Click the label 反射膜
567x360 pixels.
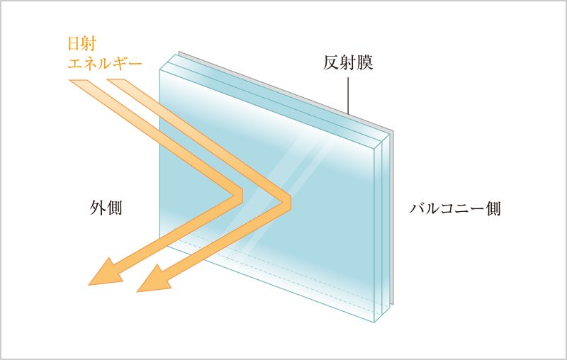point(348,62)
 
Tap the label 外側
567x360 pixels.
point(106,208)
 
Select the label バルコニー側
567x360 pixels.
point(455,208)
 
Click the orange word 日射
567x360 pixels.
point(82,44)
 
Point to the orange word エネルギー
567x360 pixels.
point(105,64)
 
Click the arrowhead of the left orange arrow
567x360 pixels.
point(105,274)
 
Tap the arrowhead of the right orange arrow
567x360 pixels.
point(154,280)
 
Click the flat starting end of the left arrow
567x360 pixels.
point(78,80)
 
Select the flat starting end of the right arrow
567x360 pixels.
point(116,80)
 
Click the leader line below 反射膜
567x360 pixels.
point(348,96)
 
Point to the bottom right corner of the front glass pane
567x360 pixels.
point(374,322)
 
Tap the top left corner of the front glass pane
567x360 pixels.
point(159,69)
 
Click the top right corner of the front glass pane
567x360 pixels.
point(374,149)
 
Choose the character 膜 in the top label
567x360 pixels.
point(365,62)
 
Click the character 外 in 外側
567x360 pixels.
point(97,208)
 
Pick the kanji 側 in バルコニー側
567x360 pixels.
point(493,208)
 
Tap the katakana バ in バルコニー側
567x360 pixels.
point(417,209)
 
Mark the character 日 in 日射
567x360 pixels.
point(74,44)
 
